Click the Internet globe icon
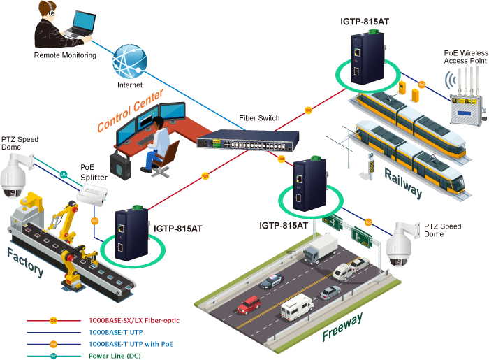tap(131, 62)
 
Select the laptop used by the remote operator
tap(78, 27)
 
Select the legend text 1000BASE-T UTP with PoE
tap(131, 345)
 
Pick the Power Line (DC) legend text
tap(116, 356)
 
